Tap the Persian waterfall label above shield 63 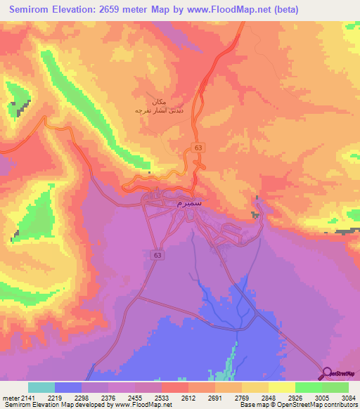click(158, 106)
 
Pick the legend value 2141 click(27, 398)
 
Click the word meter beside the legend click(9, 398)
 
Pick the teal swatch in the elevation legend click(41, 387)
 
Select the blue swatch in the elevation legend click(68, 387)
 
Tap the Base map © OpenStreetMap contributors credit click(297, 405)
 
